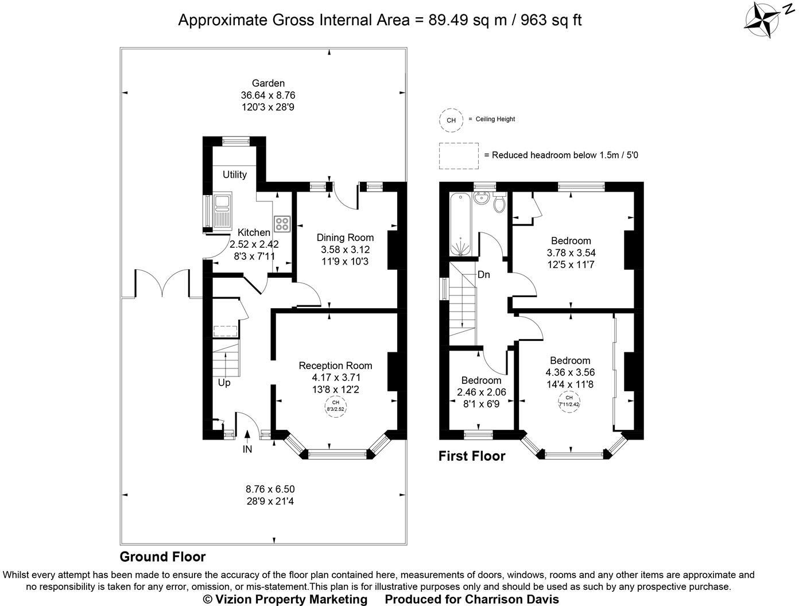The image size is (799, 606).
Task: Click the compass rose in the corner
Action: [761, 20]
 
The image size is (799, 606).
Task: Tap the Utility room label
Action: [234, 174]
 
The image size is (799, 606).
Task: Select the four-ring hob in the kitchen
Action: [282, 224]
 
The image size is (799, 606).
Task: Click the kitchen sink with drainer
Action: [222, 211]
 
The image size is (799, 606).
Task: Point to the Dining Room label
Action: [345, 238]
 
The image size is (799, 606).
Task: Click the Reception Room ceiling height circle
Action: [336, 406]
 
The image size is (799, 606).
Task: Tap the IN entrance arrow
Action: [247, 436]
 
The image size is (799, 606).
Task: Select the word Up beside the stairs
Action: [224, 383]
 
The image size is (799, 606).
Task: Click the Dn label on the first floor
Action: [483, 274]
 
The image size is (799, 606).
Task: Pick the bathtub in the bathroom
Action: [460, 224]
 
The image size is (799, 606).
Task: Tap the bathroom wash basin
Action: [482, 199]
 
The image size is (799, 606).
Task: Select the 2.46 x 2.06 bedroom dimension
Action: [481, 392]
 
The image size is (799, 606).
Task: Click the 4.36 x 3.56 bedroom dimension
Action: [570, 372]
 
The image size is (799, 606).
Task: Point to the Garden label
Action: [268, 83]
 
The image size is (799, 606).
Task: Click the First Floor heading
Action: [472, 456]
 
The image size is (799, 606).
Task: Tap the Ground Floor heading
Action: [162, 557]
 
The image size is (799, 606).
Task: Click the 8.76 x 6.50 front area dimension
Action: [270, 489]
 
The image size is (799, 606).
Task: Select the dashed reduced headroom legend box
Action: [459, 156]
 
